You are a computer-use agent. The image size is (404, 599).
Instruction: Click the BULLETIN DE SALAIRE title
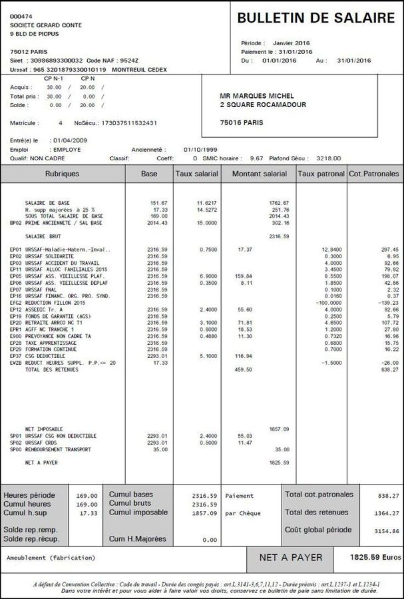tap(315, 19)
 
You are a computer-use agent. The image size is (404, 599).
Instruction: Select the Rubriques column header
tap(62, 174)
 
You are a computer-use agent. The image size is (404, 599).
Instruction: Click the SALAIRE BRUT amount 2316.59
tap(279, 236)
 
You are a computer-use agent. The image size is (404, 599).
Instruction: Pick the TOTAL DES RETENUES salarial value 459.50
tap(244, 369)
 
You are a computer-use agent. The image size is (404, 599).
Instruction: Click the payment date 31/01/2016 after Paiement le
tap(295, 51)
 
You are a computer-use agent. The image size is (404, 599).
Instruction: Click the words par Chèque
tap(244, 513)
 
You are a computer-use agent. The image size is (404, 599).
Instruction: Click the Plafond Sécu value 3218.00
tap(327, 158)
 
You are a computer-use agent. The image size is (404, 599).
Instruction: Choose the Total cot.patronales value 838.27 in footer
tap(387, 495)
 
